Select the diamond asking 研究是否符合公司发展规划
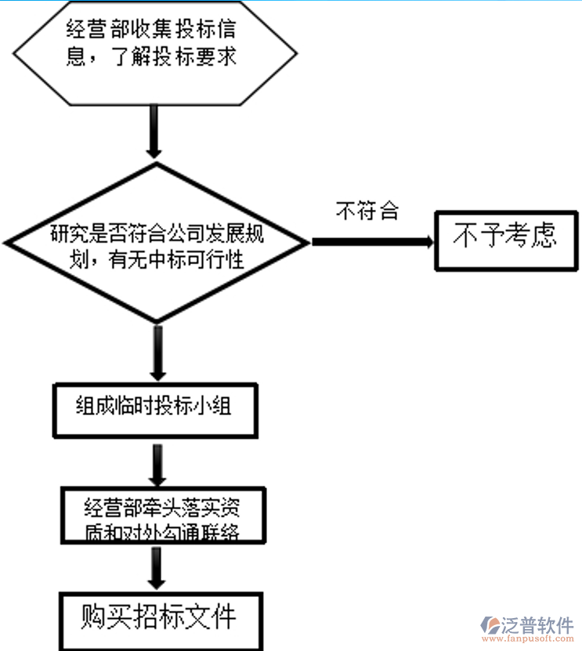pyautogui.click(x=157, y=243)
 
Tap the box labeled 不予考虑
pyautogui.click(x=506, y=241)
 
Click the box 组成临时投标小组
pyautogui.click(x=154, y=409)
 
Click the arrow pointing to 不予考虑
pyautogui.click(x=373, y=242)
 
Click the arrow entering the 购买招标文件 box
pyautogui.click(x=157, y=568)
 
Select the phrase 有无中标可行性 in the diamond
pyautogui.click(x=177, y=257)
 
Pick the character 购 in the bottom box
pyautogui.click(x=92, y=618)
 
